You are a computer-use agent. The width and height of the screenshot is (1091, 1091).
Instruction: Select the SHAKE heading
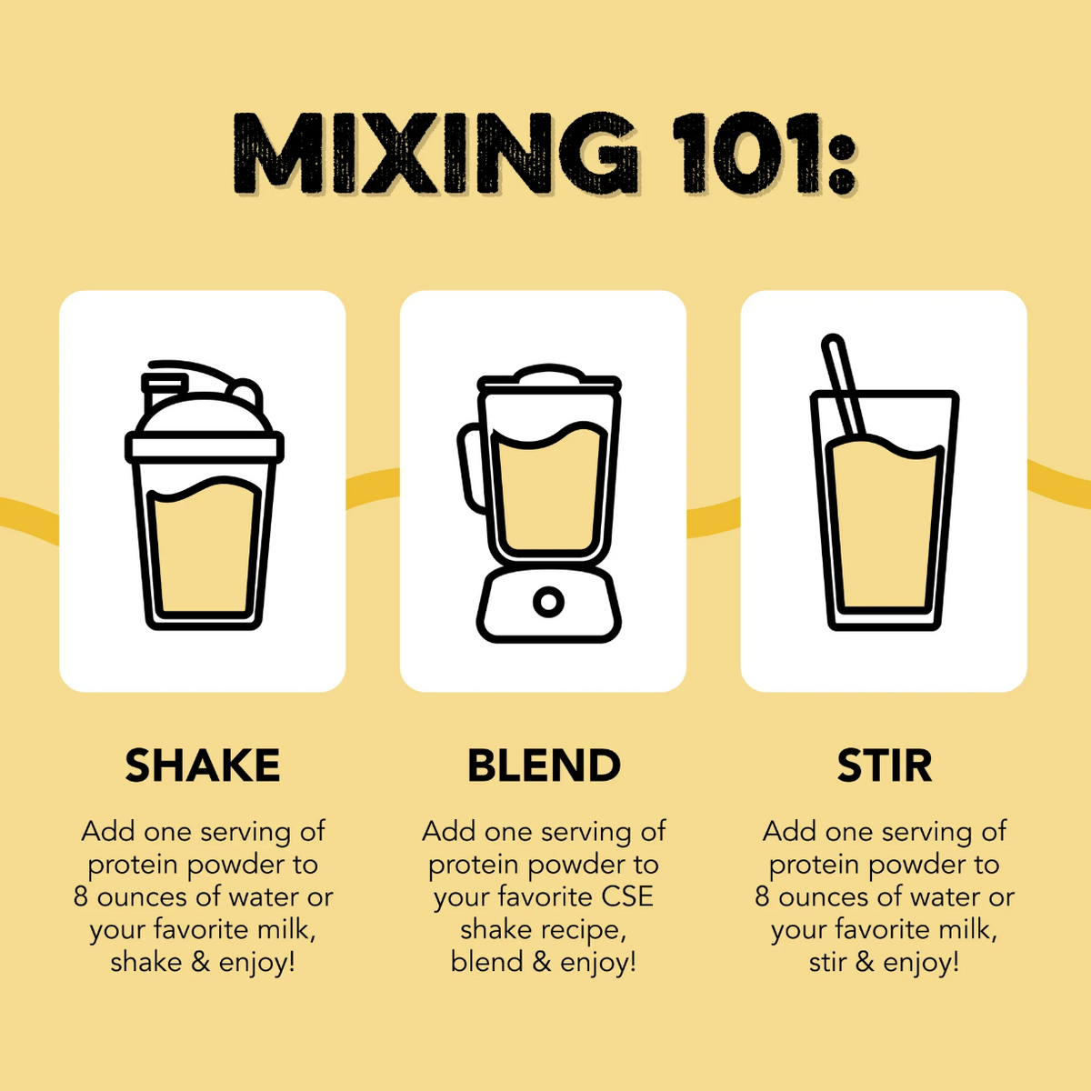pyautogui.click(x=203, y=766)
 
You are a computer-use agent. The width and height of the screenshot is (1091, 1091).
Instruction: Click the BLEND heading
pyautogui.click(x=544, y=766)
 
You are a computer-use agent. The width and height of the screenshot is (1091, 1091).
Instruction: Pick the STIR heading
pyautogui.click(x=885, y=766)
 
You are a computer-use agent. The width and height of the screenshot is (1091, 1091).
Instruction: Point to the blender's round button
pyautogui.click(x=548, y=601)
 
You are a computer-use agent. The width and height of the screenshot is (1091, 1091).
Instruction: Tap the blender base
pyautogui.click(x=549, y=605)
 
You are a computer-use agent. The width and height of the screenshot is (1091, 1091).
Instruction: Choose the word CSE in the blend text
pyautogui.click(x=627, y=896)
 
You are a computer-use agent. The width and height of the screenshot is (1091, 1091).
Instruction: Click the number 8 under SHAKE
pyautogui.click(x=81, y=896)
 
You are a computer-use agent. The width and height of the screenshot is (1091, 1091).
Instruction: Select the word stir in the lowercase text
pyautogui.click(x=827, y=962)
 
